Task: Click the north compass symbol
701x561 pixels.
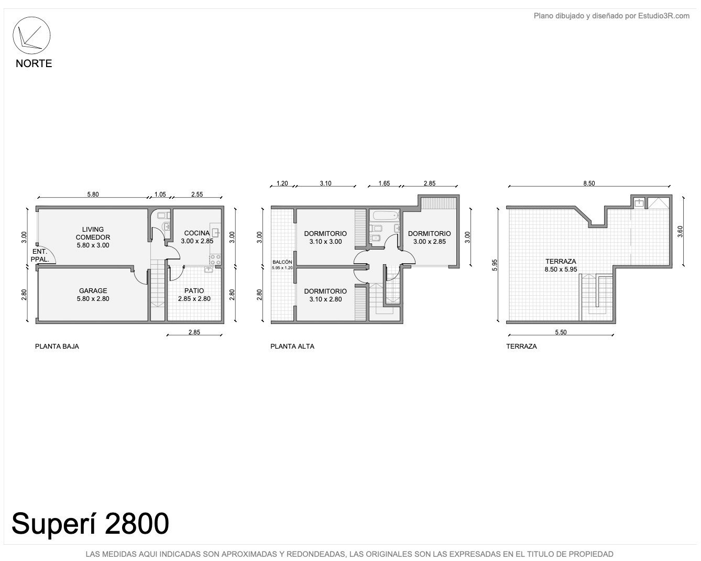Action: (31, 35)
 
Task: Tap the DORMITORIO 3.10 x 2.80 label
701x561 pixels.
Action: (325, 295)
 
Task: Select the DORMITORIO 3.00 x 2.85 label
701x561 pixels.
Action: (429, 238)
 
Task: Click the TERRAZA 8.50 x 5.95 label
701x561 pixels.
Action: (561, 265)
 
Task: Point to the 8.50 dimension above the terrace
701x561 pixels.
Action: (589, 183)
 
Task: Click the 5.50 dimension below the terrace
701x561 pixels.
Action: (561, 332)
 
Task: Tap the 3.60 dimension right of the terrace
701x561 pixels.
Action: (680, 231)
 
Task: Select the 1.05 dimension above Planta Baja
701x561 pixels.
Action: (160, 195)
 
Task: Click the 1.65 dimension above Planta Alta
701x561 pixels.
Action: (384, 183)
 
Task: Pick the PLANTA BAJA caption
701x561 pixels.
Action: (57, 347)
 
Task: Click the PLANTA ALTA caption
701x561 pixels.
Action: (292, 347)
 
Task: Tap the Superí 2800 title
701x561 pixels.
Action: (90, 524)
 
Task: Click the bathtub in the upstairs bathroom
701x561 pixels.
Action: (386, 215)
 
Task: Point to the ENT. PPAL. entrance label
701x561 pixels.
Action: (40, 255)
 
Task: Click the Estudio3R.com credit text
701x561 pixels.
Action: (663, 16)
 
